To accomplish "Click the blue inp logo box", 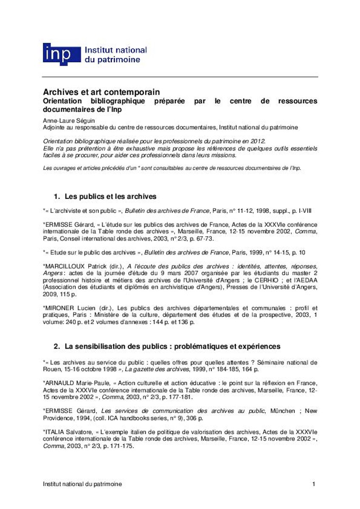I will [62, 54].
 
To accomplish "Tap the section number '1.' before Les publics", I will [57, 197].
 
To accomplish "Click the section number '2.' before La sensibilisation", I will [57, 347].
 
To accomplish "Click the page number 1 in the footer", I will [313, 484].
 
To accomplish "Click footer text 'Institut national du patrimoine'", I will [82, 484].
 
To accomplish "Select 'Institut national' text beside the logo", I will [116, 50].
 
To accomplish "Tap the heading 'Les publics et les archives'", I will [111, 197].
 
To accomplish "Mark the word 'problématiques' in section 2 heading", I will [200, 347].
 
